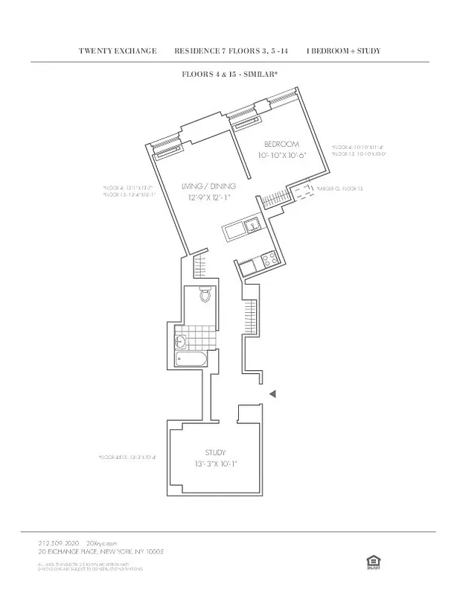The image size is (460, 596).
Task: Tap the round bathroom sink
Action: [181, 343]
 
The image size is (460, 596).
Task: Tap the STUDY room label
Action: [215, 452]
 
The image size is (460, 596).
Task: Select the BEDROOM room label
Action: [281, 144]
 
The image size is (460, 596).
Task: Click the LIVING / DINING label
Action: [209, 186]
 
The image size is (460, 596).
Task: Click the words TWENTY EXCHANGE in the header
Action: [118, 51]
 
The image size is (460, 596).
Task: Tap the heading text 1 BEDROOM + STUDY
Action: [343, 51]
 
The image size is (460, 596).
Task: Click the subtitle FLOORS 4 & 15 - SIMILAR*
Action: [230, 74]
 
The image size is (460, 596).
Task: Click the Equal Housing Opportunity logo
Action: [371, 559]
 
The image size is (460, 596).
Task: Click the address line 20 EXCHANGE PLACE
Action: [100, 552]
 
